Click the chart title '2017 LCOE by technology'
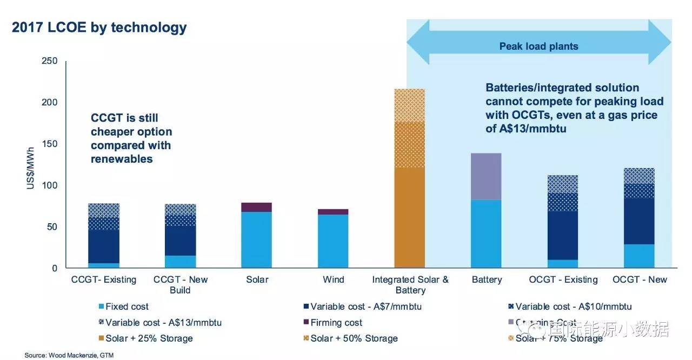click(99, 28)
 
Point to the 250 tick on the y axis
click(50, 61)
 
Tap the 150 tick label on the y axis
click(50, 144)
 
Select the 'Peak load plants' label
click(538, 46)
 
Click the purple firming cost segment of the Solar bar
click(256, 207)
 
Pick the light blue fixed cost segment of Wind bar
click(333, 241)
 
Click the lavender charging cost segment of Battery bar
click(487, 176)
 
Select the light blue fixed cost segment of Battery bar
click(487, 234)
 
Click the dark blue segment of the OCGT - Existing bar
click(563, 235)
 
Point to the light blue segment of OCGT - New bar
click(639, 256)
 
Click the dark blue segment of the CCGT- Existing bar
click(104, 246)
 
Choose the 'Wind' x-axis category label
click(333, 279)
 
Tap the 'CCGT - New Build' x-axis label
click(181, 284)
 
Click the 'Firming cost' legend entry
click(336, 323)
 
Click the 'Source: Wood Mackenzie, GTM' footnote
click(69, 355)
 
